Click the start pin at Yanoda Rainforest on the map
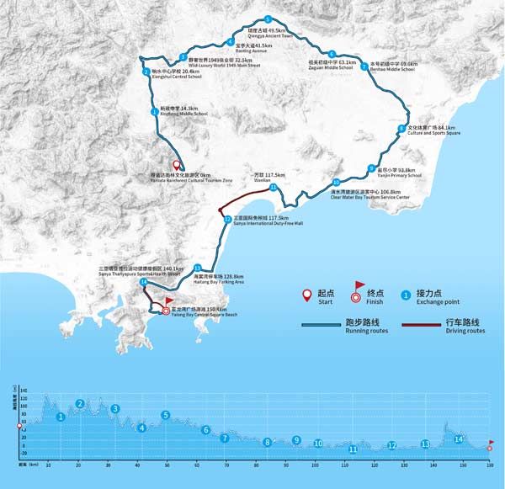(x=177, y=166)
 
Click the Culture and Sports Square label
(x=434, y=130)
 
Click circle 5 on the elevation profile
(x=166, y=415)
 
